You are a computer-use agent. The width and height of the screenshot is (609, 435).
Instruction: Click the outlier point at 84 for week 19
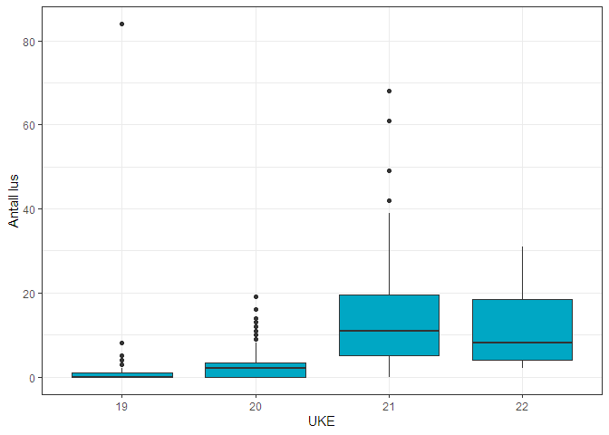tap(121, 24)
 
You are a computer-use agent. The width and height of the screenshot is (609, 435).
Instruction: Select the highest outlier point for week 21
tap(389, 91)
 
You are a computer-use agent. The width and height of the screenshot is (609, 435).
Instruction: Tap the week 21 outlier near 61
tap(389, 121)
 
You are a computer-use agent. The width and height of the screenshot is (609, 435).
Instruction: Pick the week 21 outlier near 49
tap(389, 170)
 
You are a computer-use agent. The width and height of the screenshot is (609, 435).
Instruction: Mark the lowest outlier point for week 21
tap(389, 200)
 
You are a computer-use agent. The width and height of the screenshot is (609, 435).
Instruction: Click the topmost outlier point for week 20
tap(256, 296)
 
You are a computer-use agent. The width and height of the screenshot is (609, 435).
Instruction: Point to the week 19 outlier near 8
tap(121, 343)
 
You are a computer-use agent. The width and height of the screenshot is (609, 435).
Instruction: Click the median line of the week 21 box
tap(389, 331)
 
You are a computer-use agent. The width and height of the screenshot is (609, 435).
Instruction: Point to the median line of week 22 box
tap(522, 343)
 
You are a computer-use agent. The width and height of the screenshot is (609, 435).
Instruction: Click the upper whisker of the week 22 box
tap(522, 273)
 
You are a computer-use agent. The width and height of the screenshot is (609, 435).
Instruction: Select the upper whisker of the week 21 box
tap(389, 254)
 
